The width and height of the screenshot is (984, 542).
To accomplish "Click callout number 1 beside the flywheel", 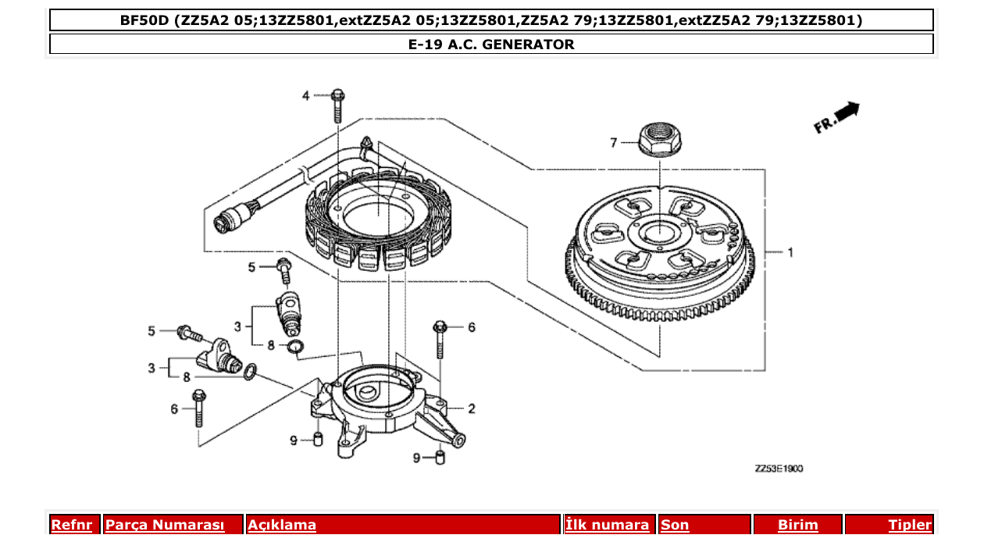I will pyautogui.click(x=790, y=252).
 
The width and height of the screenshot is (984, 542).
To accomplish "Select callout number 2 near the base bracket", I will pyautogui.click(x=471, y=408).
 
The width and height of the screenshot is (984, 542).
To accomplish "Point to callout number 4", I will pyautogui.click(x=307, y=96).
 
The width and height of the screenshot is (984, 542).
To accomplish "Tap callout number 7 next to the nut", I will pyautogui.click(x=614, y=142).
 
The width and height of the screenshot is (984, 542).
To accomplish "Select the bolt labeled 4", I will pyautogui.click(x=337, y=105).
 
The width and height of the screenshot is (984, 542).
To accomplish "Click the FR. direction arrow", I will pyautogui.click(x=837, y=116).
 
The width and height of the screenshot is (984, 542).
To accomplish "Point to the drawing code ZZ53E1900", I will pyautogui.click(x=779, y=469).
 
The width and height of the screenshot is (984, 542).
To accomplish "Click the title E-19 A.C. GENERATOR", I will pyautogui.click(x=491, y=45).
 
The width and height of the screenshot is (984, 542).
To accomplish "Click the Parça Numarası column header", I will pyautogui.click(x=165, y=525).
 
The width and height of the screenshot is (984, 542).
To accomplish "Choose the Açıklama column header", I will pyautogui.click(x=282, y=525).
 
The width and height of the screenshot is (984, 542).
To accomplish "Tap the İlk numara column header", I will pyautogui.click(x=608, y=525).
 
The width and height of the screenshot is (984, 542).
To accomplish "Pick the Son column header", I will pyautogui.click(x=675, y=525).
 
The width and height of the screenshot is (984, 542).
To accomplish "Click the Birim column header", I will pyautogui.click(x=797, y=525).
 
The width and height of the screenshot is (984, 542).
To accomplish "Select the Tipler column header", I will pyautogui.click(x=909, y=525).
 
